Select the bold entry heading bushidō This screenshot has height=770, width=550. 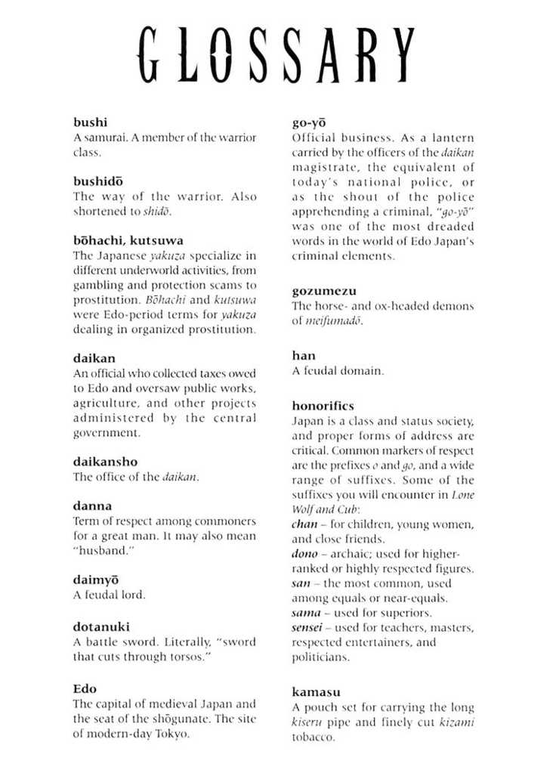pyautogui.click(x=97, y=181)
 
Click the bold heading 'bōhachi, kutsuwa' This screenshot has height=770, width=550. pyautogui.click(x=128, y=240)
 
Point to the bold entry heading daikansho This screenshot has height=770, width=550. pyautogui.click(x=105, y=461)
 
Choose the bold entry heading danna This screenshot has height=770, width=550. pyautogui.click(x=92, y=506)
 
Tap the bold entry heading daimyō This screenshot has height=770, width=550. pyautogui.click(x=98, y=580)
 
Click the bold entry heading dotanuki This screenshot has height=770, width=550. pyautogui.click(x=101, y=626)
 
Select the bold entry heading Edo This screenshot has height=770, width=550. pyautogui.click(x=85, y=688)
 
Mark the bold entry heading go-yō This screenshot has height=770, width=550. pyautogui.click(x=309, y=122)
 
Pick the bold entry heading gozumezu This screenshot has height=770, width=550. pyautogui.click(x=324, y=291)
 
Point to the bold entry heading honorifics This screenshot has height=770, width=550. pyautogui.click(x=323, y=406)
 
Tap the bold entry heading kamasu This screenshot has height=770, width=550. pyautogui.click(x=316, y=691)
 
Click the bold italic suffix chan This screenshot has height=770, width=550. pyautogui.click(x=304, y=524)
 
